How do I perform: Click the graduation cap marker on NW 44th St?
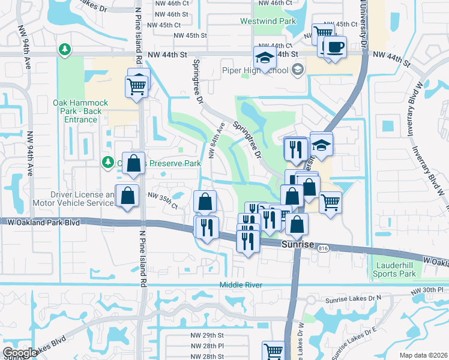[264, 58]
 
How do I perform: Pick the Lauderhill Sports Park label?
[395, 269]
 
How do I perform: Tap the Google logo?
[19, 353]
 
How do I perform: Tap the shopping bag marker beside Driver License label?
[127, 196]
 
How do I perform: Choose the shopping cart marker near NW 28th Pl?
[273, 350]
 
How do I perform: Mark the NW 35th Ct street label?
[162, 202]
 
